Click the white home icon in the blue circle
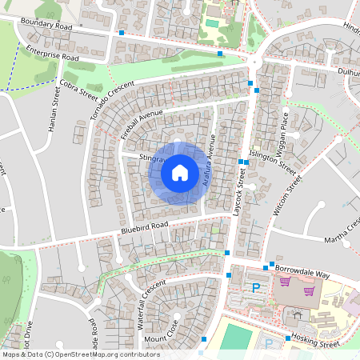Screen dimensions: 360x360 tap(180, 172)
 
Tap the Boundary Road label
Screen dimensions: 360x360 tap(47, 26)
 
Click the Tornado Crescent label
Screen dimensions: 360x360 tap(111, 104)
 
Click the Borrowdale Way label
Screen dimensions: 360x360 tap(302, 274)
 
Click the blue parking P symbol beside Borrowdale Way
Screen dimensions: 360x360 tap(256, 288)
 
